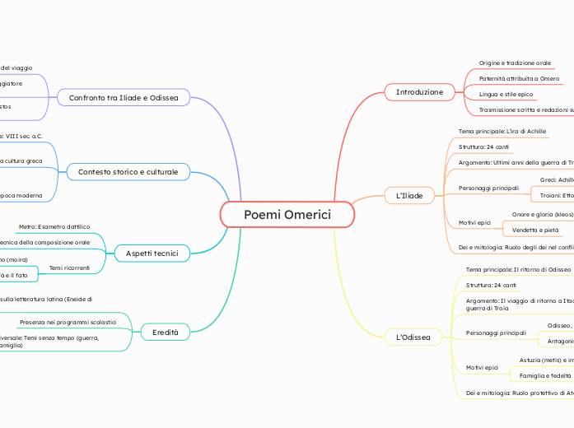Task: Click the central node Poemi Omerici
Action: [x=287, y=215]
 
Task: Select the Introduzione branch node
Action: [x=419, y=92]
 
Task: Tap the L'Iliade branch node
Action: [x=409, y=195]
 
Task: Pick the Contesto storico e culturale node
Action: [x=128, y=172]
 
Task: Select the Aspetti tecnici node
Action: [x=152, y=252]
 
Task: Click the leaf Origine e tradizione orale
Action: [x=515, y=63]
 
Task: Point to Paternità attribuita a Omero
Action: [x=519, y=78]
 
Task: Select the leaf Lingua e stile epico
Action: [x=506, y=95]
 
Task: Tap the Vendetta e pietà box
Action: [x=536, y=230]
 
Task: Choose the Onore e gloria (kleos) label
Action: [x=542, y=214]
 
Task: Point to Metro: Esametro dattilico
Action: [x=54, y=226]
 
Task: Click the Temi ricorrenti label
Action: [x=69, y=268]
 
